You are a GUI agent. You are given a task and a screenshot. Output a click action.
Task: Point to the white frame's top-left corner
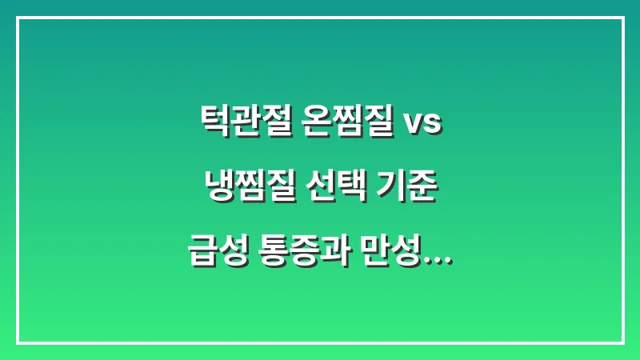pos(18,18)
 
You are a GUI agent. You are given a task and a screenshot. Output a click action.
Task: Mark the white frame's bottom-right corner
pos(622,342)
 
